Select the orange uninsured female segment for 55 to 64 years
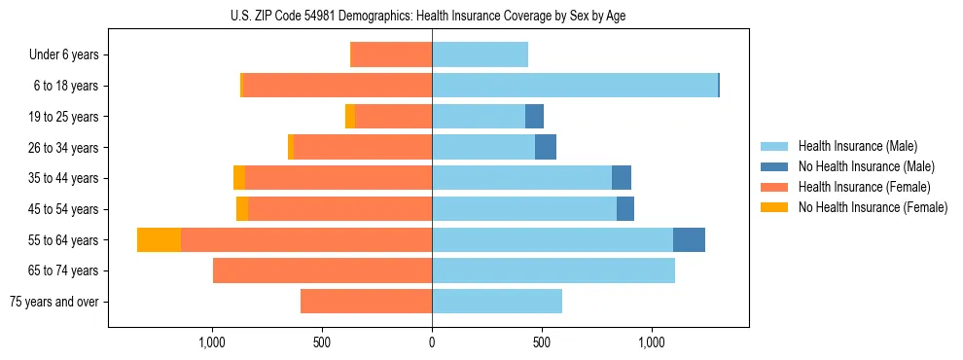pyautogui.click(x=159, y=239)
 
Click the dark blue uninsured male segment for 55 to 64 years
pyautogui.click(x=689, y=239)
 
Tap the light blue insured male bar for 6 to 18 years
pyautogui.click(x=574, y=86)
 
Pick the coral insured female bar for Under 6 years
pyautogui.click(x=391, y=54)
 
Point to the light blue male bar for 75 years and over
pyautogui.click(x=497, y=302)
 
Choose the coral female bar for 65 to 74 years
pyautogui.click(x=322, y=270)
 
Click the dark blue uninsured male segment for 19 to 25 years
pyautogui.click(x=534, y=117)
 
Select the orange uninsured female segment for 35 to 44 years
pyautogui.click(x=239, y=178)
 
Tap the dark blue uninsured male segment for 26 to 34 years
pyautogui.click(x=546, y=147)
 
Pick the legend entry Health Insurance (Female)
pyautogui.click(x=864, y=187)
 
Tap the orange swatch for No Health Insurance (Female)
pyautogui.click(x=775, y=207)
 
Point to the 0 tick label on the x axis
pyautogui.click(x=432, y=342)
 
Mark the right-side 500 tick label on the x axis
pyautogui.click(x=542, y=342)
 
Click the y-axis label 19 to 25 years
pyautogui.click(x=65, y=117)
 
